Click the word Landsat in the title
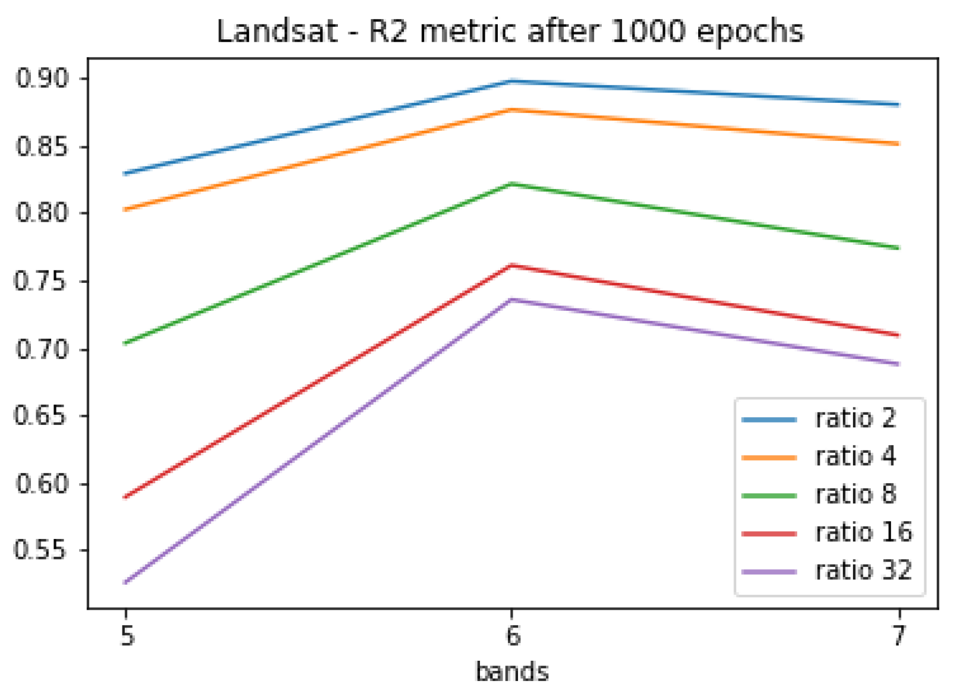click(x=277, y=31)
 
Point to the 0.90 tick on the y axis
click(x=42, y=78)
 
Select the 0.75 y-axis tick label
click(x=42, y=281)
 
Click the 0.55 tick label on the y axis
click(x=42, y=550)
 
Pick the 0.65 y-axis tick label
click(x=42, y=415)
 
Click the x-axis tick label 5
click(x=127, y=636)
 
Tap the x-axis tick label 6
click(x=513, y=636)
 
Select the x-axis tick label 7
click(x=899, y=636)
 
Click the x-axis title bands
click(x=512, y=672)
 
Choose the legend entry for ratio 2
click(x=855, y=419)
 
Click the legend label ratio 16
click(x=862, y=532)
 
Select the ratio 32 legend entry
click(x=862, y=570)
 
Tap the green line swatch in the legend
click(x=769, y=495)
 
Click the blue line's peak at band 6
click(x=512, y=81)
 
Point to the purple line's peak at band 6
click(x=512, y=299)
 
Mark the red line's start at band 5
click(x=126, y=497)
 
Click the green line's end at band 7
click(x=898, y=248)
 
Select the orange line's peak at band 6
click(x=512, y=109)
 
